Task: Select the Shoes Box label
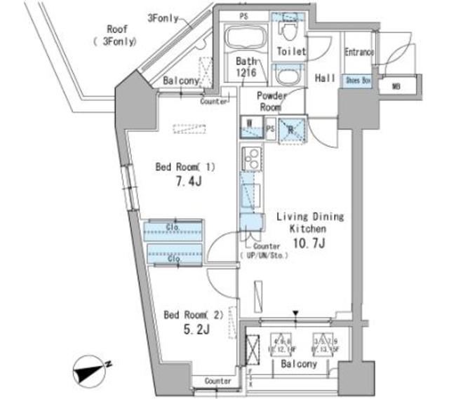coord(358,81)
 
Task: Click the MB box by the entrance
coord(397,86)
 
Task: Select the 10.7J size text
coord(308,243)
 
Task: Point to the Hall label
coord(324,79)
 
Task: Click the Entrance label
coord(358,52)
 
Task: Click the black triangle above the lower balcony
coord(296,313)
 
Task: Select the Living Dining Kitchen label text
coord(309,223)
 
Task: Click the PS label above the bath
coord(244,15)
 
